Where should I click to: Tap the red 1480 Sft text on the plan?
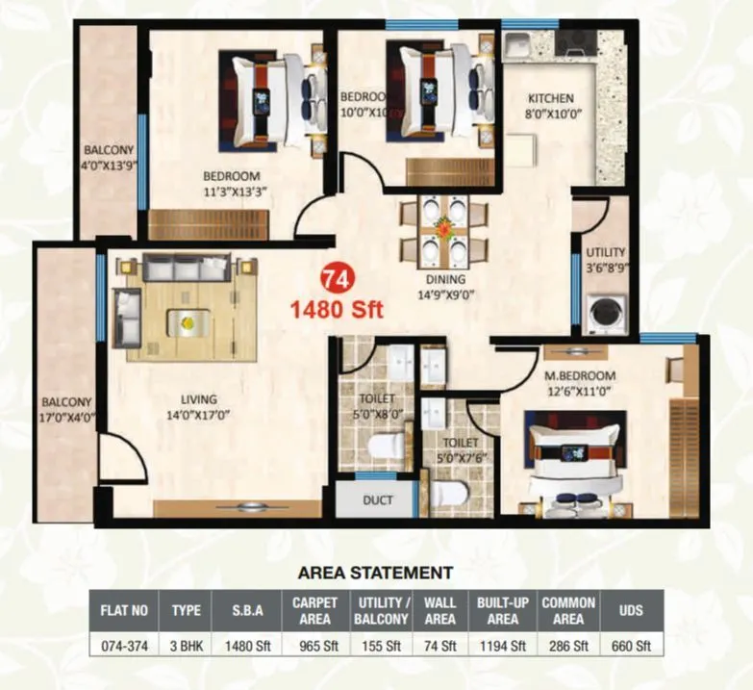[x=338, y=310]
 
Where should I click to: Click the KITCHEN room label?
[x=550, y=98]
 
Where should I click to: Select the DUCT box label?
[x=376, y=501]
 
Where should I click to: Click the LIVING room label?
[x=198, y=398]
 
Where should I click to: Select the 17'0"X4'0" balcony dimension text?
[x=66, y=416]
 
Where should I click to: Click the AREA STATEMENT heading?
[x=375, y=573]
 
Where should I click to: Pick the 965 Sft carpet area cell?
[x=314, y=646]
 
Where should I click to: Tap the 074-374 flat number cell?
[x=123, y=646]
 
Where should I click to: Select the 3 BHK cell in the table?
[x=186, y=646]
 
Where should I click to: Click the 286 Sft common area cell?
[x=567, y=646]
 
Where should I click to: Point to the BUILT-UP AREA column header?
[x=500, y=610]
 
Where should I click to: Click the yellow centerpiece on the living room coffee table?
[x=188, y=321]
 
